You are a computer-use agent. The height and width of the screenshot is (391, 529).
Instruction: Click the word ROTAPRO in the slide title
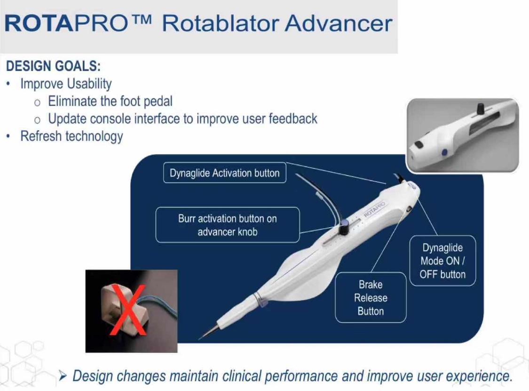tap(66, 24)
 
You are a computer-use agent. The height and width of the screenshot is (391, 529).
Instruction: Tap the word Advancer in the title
tap(339, 24)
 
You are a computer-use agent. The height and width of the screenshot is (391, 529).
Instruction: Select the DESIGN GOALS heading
tap(53, 66)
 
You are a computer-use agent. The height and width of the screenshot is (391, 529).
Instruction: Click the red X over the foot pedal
tap(127, 310)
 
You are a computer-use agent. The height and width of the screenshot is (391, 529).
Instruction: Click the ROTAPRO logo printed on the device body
tap(374, 209)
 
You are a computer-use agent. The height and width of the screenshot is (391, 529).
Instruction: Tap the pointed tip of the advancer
tap(199, 338)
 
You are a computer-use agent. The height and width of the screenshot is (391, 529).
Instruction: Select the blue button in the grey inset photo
tap(444, 152)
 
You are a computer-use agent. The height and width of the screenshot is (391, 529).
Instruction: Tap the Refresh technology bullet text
tap(71, 136)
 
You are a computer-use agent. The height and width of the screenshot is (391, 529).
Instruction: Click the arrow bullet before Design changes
tap(63, 375)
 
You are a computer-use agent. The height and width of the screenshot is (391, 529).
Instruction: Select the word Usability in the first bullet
tap(89, 84)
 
